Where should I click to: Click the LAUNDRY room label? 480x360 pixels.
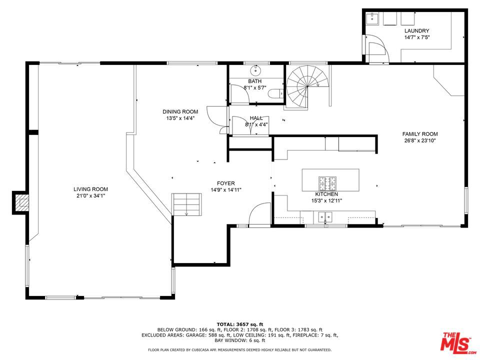[x=416, y=30]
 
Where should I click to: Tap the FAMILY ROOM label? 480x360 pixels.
[x=419, y=134]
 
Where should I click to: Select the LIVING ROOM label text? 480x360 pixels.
[x=90, y=189]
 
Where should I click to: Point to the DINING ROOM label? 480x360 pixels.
[x=180, y=111]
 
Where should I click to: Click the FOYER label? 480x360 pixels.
[x=226, y=183]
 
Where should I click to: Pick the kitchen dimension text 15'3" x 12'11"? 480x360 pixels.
[x=326, y=201]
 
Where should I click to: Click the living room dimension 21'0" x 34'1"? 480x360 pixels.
[x=90, y=196]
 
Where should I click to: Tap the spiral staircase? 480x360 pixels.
[x=307, y=86]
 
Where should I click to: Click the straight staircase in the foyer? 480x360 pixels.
[x=186, y=204]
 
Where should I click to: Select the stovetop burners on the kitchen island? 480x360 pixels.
[x=327, y=183]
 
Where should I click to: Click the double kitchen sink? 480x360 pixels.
[x=325, y=217]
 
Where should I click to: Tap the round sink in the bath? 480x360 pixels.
[x=255, y=70]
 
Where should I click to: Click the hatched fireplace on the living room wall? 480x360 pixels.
[x=21, y=202]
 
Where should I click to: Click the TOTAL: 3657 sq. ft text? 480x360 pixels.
[x=239, y=324]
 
